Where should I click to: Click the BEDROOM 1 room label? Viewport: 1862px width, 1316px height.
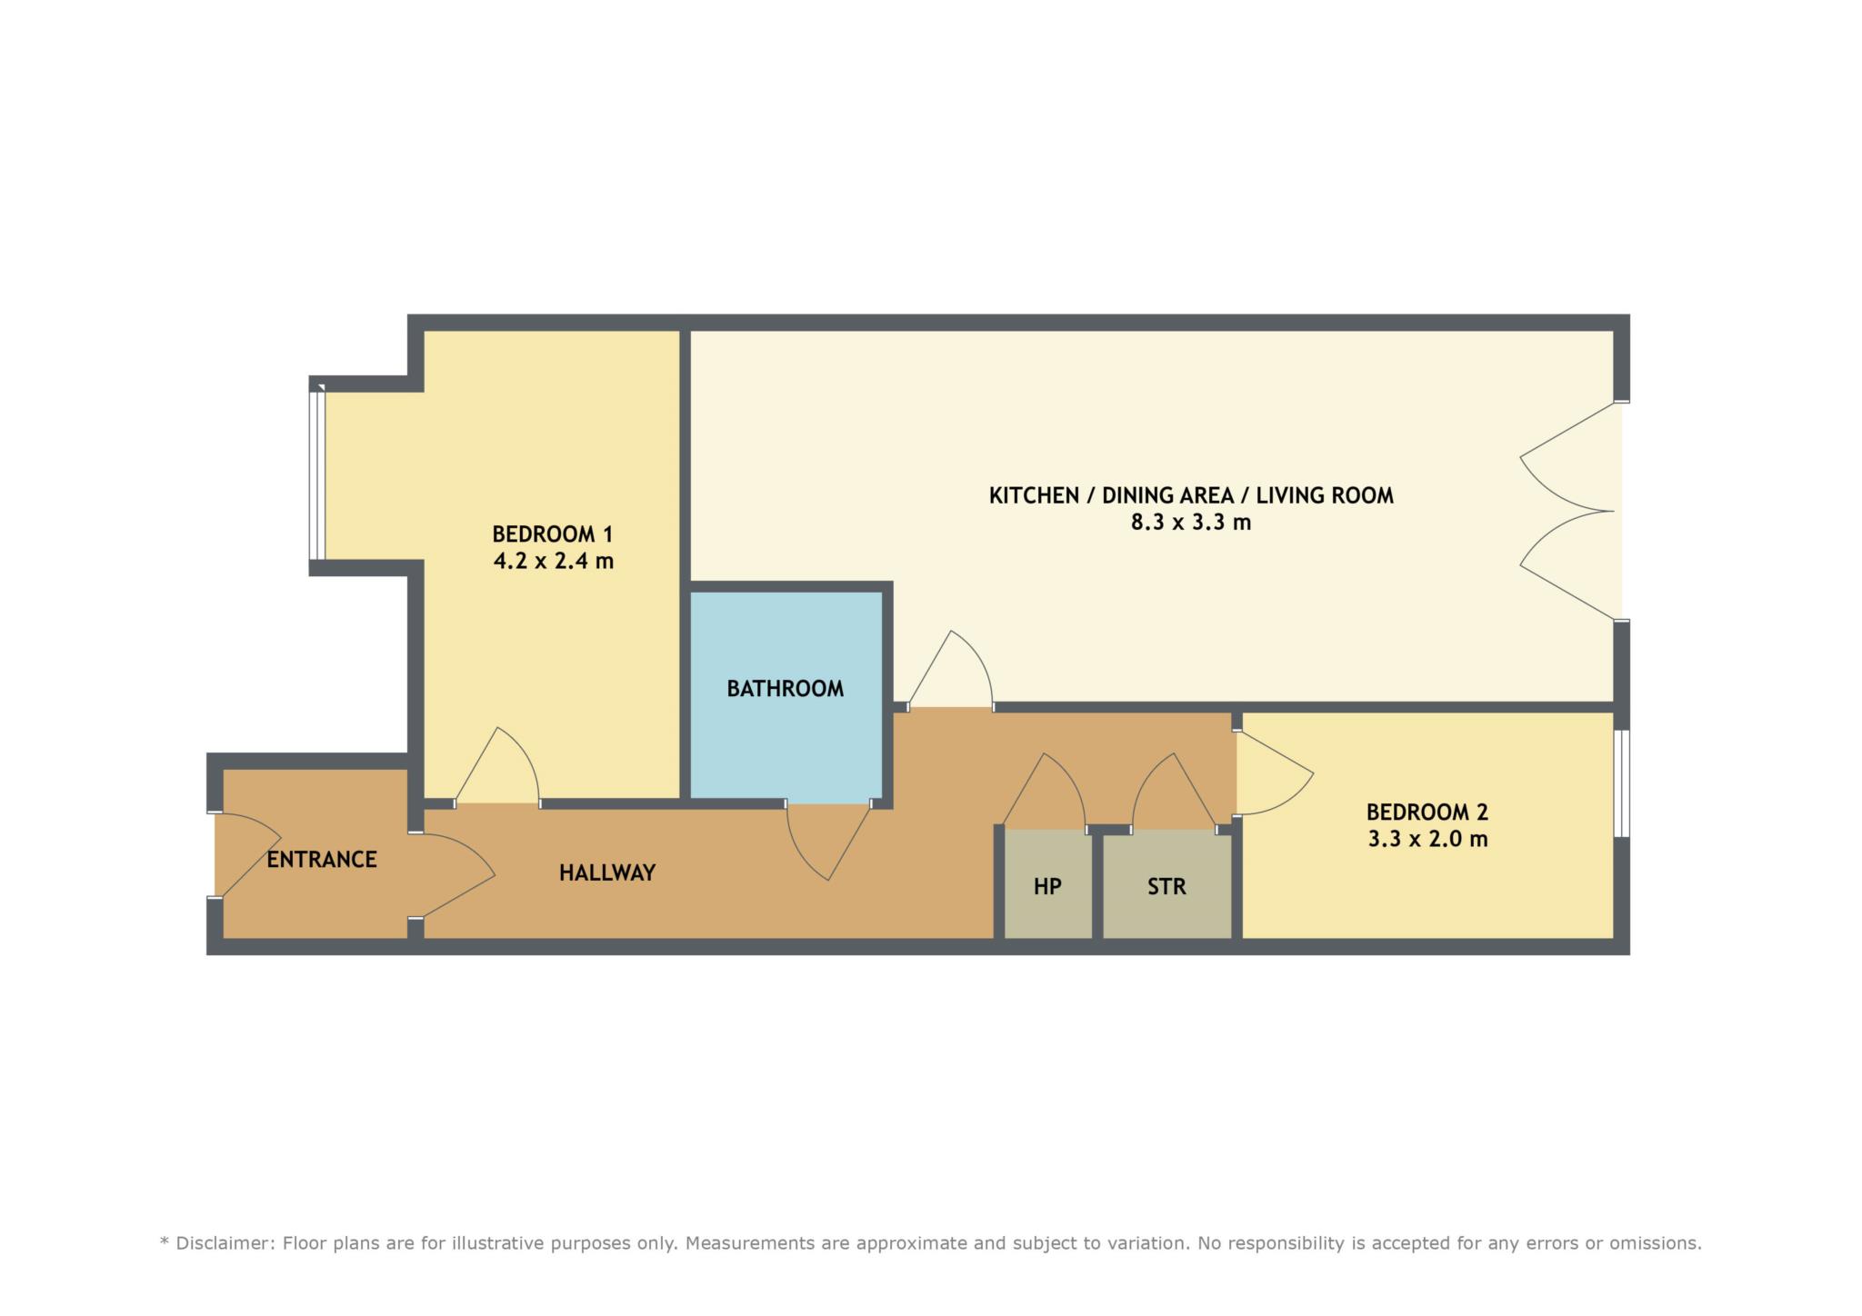(553, 533)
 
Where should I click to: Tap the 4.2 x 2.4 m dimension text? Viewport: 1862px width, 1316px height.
(553, 561)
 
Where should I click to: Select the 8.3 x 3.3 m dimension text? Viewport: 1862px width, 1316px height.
(1191, 523)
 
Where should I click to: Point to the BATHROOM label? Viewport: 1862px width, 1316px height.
(786, 689)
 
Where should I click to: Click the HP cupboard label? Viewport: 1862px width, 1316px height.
(1047, 886)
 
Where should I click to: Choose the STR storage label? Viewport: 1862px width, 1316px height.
(1166, 886)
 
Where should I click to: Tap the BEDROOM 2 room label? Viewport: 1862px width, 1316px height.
(1427, 812)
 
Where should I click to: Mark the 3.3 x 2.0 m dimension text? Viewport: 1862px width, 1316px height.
(1427, 839)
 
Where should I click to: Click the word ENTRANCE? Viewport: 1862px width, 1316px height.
(322, 860)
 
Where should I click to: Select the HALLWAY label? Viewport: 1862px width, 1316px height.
(607, 873)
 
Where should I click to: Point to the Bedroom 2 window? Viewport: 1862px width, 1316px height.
(1622, 783)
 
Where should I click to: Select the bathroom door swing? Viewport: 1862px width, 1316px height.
(828, 841)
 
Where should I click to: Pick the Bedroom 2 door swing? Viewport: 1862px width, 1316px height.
(1274, 773)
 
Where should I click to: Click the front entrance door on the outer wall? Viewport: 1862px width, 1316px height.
(246, 854)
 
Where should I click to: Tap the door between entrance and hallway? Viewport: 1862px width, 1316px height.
(452, 876)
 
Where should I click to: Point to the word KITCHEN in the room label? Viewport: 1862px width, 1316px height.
(1034, 495)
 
